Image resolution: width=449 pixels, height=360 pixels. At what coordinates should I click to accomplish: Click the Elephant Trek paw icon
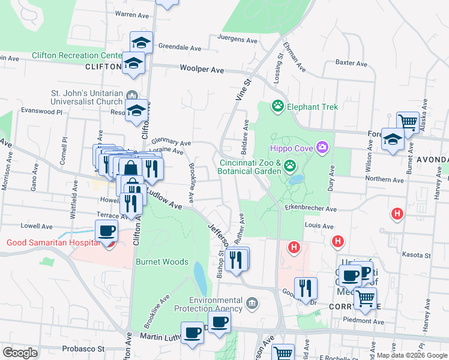tap(277, 107)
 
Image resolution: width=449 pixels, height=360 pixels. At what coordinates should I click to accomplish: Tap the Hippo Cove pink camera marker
tap(323, 146)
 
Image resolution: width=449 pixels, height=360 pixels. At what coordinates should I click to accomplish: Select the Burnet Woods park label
tap(162, 262)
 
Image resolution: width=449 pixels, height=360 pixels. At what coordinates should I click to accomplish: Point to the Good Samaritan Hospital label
tap(53, 242)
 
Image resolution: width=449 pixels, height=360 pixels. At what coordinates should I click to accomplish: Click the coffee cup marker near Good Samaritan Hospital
tap(107, 230)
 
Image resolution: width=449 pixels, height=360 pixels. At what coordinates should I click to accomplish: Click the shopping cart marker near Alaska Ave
tap(408, 122)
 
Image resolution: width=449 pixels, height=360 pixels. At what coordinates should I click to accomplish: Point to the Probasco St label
tap(83, 349)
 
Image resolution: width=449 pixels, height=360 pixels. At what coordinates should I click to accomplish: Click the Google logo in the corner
tap(20, 353)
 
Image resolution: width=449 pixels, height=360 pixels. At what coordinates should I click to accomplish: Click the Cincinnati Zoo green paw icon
tap(290, 165)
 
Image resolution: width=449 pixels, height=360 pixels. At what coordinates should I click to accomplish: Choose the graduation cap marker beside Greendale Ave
tap(141, 42)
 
